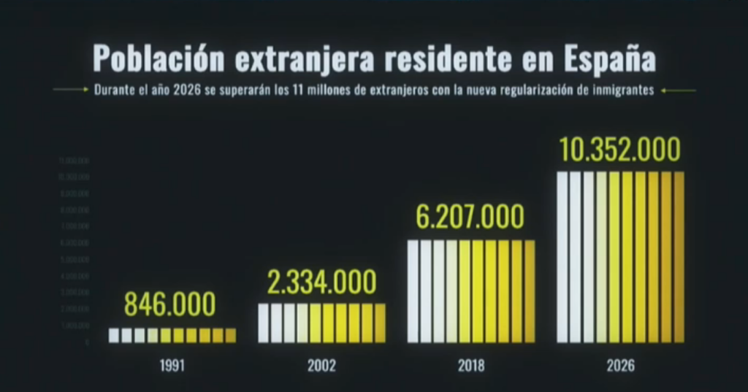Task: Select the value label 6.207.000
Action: click(x=470, y=217)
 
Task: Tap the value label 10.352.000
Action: click(x=619, y=150)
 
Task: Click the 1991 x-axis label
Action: click(x=172, y=366)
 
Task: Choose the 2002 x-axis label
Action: click(x=321, y=366)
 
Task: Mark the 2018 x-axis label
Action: click(x=470, y=366)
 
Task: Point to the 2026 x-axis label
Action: click(x=620, y=366)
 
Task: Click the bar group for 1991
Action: click(x=172, y=335)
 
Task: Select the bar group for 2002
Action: click(x=321, y=323)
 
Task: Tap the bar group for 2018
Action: click(x=471, y=291)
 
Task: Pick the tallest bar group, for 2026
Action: click(x=620, y=257)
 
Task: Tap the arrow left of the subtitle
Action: click(x=71, y=91)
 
